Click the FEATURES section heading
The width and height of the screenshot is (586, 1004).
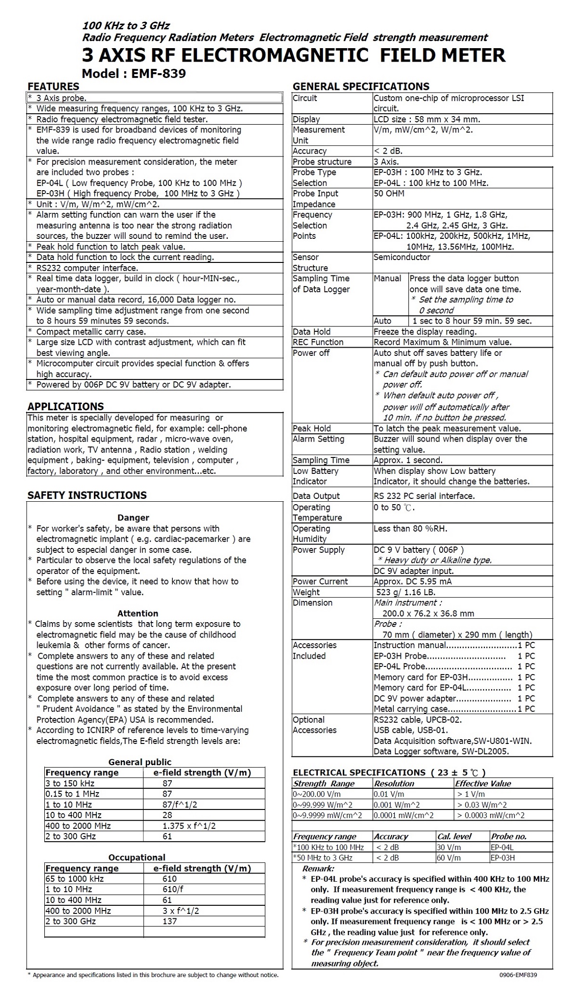point(53,87)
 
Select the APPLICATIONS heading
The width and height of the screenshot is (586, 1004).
point(65,406)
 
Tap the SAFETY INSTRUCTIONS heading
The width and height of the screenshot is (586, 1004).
point(87,495)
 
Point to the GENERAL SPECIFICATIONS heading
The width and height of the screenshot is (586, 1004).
point(361,87)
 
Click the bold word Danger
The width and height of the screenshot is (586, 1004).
point(133,518)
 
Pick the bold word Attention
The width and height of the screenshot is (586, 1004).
point(138,613)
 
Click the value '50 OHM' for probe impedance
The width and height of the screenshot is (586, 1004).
point(389,194)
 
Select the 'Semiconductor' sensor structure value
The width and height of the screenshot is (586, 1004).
point(402,257)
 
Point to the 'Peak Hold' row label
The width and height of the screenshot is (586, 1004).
point(312,428)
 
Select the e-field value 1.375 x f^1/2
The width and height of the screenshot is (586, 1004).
point(189,825)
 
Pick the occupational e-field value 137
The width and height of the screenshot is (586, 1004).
point(169,921)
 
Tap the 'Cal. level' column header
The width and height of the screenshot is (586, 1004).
point(454,836)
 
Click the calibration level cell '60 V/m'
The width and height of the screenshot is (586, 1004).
point(449,857)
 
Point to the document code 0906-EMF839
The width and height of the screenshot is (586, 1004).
point(518,975)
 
